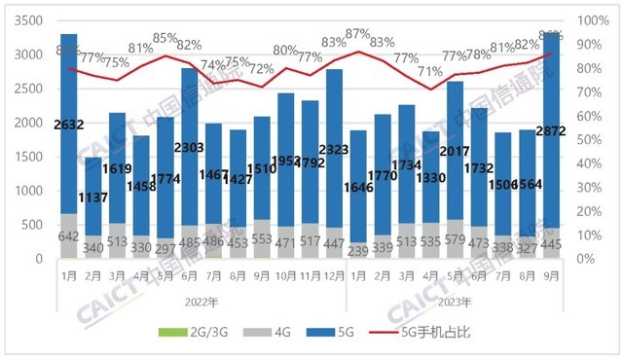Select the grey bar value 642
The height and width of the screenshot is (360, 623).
[x=68, y=234]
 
